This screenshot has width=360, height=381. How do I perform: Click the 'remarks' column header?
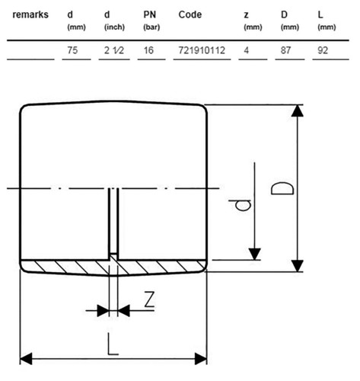click(x=30, y=14)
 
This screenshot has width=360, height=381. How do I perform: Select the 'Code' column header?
click(x=190, y=14)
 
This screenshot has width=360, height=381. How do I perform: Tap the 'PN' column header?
click(x=149, y=14)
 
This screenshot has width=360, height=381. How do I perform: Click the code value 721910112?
click(x=202, y=50)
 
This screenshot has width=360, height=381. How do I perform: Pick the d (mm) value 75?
click(x=72, y=50)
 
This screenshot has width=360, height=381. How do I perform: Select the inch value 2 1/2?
click(x=114, y=50)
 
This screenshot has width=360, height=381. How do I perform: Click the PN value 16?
click(x=148, y=50)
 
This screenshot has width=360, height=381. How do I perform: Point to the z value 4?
click(x=246, y=50)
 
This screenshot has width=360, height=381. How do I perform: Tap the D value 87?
click(x=285, y=50)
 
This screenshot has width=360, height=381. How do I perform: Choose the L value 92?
click(x=323, y=50)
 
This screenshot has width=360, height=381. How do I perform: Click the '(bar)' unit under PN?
click(x=151, y=27)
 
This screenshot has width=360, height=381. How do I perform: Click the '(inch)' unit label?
click(x=114, y=27)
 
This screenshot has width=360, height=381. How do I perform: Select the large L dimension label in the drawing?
click(x=113, y=344)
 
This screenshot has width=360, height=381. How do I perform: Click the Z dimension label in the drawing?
click(x=149, y=299)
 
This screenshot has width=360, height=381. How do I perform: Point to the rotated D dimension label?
click(x=282, y=188)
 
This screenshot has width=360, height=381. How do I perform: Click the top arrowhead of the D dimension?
click(x=297, y=110)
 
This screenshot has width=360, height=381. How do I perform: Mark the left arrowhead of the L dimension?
click(x=26, y=359)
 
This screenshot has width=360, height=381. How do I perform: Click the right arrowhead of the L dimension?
click(x=201, y=359)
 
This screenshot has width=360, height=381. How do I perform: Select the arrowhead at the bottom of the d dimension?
click(x=254, y=254)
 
